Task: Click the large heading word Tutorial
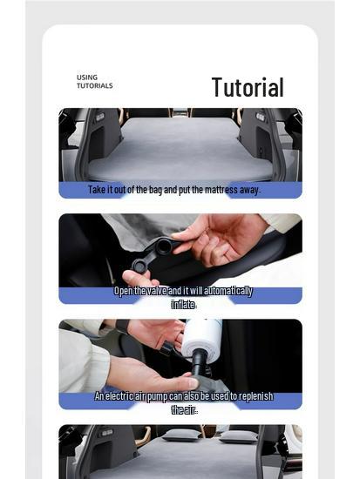pyautogui.click(x=248, y=87)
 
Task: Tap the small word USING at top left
pyautogui.click(x=87, y=78)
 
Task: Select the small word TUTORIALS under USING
pyautogui.click(x=94, y=86)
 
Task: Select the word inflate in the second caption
pyautogui.click(x=183, y=304)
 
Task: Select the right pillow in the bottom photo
pyautogui.click(x=237, y=435)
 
